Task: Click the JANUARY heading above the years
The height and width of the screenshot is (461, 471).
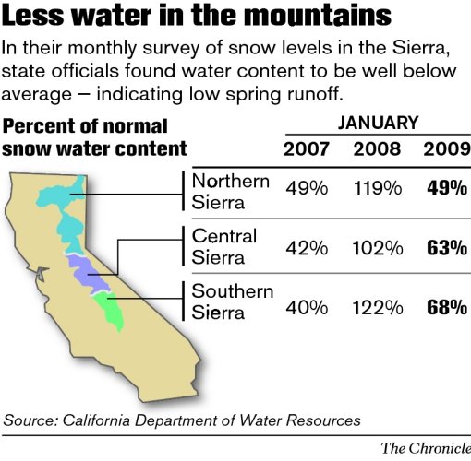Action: pos(377,123)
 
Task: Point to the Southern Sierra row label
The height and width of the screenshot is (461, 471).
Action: pos(232,301)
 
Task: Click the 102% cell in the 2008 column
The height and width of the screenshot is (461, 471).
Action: pos(376,247)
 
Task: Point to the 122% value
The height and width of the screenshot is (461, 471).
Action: pos(376,305)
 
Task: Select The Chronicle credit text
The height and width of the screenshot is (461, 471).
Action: pos(426,448)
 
